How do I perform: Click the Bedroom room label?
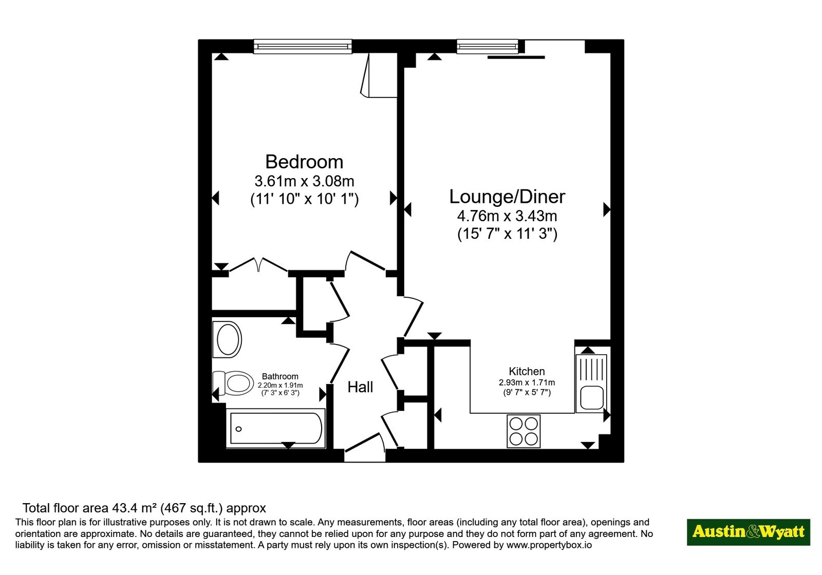click(x=304, y=162)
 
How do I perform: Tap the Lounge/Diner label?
click(x=507, y=197)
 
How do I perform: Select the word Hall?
click(x=360, y=387)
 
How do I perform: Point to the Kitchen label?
click(x=527, y=372)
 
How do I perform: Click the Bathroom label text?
click(x=280, y=377)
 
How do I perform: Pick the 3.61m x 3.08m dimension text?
click(x=304, y=181)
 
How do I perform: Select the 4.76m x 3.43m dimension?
click(x=507, y=216)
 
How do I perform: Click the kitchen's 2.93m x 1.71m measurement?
click(x=527, y=382)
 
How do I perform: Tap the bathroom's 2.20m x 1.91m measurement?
click(x=280, y=386)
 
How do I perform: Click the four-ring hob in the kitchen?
click(x=524, y=431)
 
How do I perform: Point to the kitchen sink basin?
click(x=591, y=398)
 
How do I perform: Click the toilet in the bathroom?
click(x=233, y=383)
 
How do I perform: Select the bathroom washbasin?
click(x=228, y=339)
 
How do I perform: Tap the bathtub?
click(x=275, y=428)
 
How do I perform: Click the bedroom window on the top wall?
click(x=303, y=47)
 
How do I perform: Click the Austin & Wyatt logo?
click(x=748, y=532)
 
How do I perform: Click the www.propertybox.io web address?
click(x=549, y=545)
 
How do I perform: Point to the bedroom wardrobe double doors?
click(x=258, y=265)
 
